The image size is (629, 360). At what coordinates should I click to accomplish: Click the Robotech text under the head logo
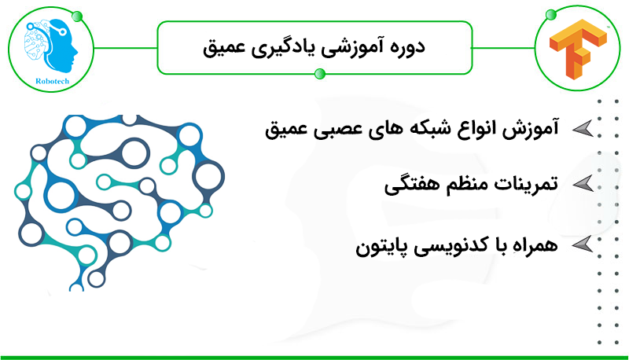click(52, 81)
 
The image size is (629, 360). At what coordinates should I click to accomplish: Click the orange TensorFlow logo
click(578, 50)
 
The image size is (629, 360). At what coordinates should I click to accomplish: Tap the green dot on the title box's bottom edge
click(320, 74)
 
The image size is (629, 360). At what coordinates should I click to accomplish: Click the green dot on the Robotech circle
click(77, 17)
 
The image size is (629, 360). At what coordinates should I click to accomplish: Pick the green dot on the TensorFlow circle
click(551, 15)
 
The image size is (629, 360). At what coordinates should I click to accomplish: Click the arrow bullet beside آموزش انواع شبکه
click(583, 128)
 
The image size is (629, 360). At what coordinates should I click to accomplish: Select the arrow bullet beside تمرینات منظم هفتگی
click(583, 184)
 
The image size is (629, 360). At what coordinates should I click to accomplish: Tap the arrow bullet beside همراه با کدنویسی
click(583, 244)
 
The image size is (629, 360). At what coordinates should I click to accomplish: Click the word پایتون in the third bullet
click(379, 247)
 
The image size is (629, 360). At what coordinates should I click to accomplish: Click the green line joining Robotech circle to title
click(126, 48)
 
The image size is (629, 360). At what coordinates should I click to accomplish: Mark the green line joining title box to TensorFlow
click(503, 48)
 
